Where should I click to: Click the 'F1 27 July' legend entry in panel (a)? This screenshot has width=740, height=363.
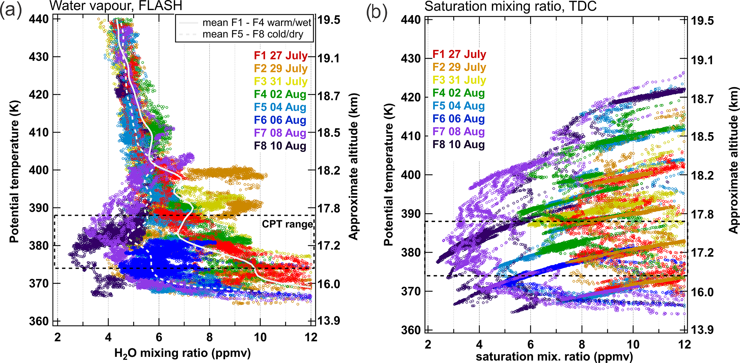pos(281,56)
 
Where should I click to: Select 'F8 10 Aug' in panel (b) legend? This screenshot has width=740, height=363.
pos(459,144)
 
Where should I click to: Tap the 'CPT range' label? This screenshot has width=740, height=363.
pos(287,224)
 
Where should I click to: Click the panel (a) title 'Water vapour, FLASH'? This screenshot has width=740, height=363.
pos(116,6)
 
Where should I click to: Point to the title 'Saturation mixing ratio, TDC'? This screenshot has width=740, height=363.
pos(510,6)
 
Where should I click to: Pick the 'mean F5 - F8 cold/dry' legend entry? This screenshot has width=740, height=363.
pos(253,34)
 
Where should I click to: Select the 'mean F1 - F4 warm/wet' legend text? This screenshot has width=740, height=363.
pos(257,23)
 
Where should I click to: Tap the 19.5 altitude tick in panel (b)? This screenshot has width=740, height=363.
pos(702,20)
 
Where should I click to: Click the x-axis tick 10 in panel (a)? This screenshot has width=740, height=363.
pos(260,337)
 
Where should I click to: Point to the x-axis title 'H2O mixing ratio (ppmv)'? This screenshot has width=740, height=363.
pos(182,353)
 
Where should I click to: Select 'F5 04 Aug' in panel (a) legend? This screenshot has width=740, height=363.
pos(280,107)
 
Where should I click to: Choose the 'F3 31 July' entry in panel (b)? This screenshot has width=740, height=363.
pos(459,80)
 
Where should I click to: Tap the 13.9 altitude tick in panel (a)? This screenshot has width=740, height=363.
pos(329,320)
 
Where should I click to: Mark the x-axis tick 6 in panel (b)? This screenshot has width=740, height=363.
pos(531,344)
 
